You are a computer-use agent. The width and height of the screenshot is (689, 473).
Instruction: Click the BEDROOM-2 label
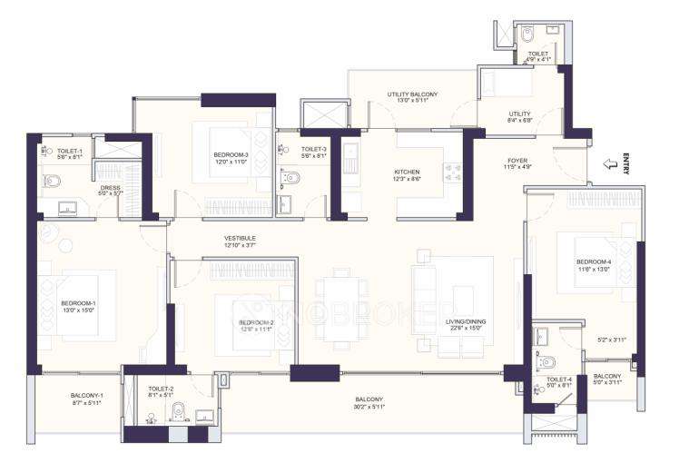coord(256,322)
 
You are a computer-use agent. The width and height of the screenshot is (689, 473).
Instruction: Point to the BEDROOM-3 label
coord(231,155)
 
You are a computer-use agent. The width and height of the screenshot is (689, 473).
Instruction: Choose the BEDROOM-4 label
coord(593,262)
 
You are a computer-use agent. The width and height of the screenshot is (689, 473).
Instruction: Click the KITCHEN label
coord(406,172)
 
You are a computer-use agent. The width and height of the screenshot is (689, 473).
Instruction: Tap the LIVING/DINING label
coord(463,322)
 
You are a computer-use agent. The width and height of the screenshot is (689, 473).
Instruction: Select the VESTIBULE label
coord(241,239)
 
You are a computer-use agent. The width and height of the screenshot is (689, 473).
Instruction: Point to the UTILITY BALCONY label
coord(412,94)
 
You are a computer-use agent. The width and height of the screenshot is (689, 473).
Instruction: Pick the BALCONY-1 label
coord(87,395)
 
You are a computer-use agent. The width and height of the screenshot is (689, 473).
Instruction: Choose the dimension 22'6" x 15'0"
coord(463,329)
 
